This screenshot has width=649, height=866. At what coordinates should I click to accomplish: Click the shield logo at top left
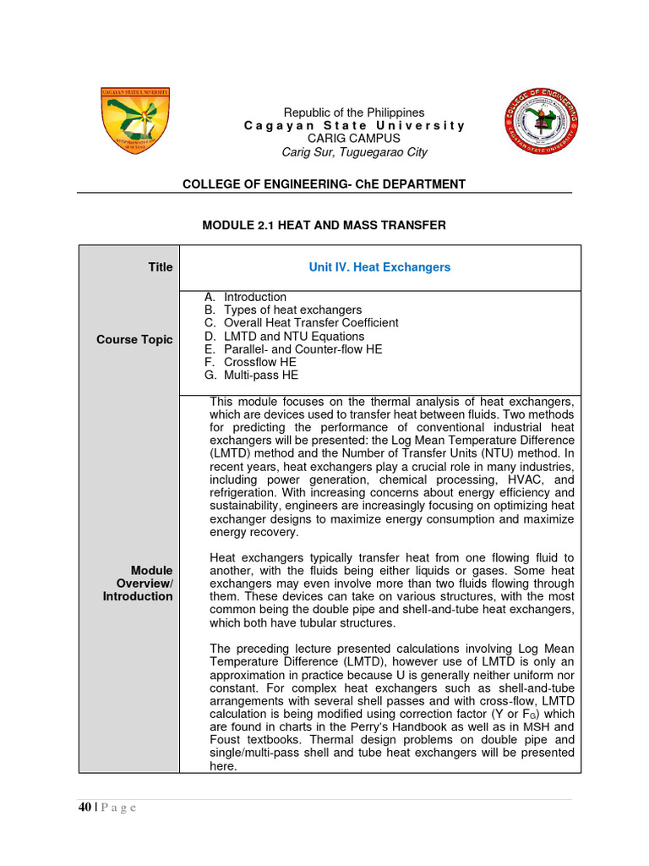pyautogui.click(x=135, y=121)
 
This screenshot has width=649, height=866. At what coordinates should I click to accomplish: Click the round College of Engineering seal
pyautogui.click(x=542, y=121)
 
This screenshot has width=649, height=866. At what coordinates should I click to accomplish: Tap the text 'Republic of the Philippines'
pyautogui.click(x=354, y=112)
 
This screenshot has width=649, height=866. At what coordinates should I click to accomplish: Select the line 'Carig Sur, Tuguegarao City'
pyautogui.click(x=354, y=152)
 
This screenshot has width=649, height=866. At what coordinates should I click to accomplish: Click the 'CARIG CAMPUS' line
pyautogui.click(x=354, y=139)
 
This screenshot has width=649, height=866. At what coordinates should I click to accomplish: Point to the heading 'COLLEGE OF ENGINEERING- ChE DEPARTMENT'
pyautogui.click(x=324, y=184)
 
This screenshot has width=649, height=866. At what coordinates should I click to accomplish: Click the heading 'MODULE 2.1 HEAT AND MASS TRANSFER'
pyautogui.click(x=324, y=225)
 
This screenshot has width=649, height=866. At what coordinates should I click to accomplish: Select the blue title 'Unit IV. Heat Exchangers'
pyautogui.click(x=379, y=267)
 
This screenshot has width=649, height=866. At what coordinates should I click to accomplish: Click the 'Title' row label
pyautogui.click(x=160, y=267)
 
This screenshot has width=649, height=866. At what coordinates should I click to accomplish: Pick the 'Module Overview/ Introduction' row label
pyautogui.click(x=145, y=584)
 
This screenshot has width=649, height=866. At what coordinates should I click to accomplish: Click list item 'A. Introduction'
pyautogui.click(x=245, y=297)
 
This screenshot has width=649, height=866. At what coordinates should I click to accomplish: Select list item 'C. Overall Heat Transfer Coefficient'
pyautogui.click(x=301, y=323)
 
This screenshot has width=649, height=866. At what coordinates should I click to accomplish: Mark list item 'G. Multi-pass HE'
pyautogui.click(x=251, y=375)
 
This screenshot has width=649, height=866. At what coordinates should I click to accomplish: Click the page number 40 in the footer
pyautogui.click(x=85, y=808)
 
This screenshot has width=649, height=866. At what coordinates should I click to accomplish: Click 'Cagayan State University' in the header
pyautogui.click(x=354, y=126)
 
